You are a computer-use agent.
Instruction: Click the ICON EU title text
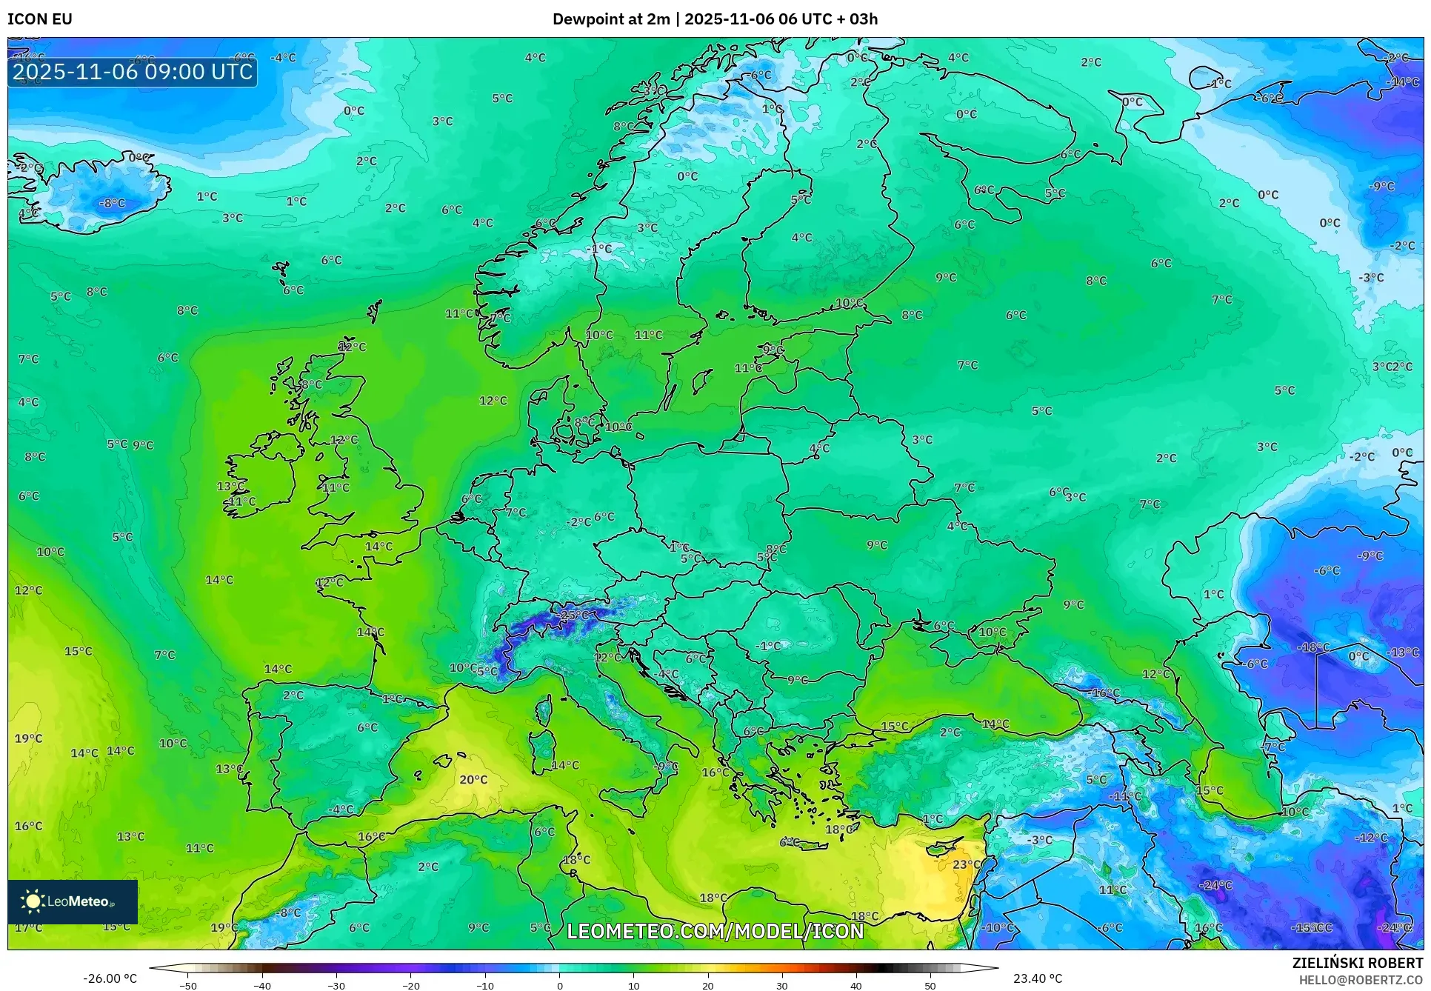pyautogui.click(x=40, y=19)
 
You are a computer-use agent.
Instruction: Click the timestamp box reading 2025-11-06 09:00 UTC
pyautogui.click(x=133, y=72)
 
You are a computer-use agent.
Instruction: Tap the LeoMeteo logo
pyautogui.click(x=73, y=901)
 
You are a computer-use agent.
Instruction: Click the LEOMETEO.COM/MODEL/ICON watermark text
pyautogui.click(x=715, y=931)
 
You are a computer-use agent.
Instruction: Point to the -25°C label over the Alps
pyautogui.click(x=574, y=615)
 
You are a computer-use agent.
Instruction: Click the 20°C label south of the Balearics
pyautogui.click(x=473, y=780)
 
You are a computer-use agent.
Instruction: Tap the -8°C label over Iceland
pyautogui.click(x=113, y=203)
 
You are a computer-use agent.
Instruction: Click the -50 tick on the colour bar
pyautogui.click(x=188, y=986)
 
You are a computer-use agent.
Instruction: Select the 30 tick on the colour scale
pyautogui.click(x=782, y=986)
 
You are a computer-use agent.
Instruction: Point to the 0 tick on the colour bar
pyautogui.click(x=559, y=986)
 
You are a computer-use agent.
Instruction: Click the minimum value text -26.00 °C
pyautogui.click(x=110, y=978)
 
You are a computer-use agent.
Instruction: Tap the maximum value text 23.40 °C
pyautogui.click(x=1038, y=978)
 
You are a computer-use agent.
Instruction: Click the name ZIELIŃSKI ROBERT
pyautogui.click(x=1358, y=963)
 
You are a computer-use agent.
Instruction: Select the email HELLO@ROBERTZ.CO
pyautogui.click(x=1361, y=980)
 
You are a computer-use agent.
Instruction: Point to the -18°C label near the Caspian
pyautogui.click(x=1312, y=647)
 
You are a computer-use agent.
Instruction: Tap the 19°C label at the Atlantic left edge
pyautogui.click(x=28, y=738)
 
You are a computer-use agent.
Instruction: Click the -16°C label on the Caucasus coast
pyautogui.click(x=1105, y=693)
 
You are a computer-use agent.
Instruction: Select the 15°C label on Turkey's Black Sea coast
pyautogui.click(x=894, y=727)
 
